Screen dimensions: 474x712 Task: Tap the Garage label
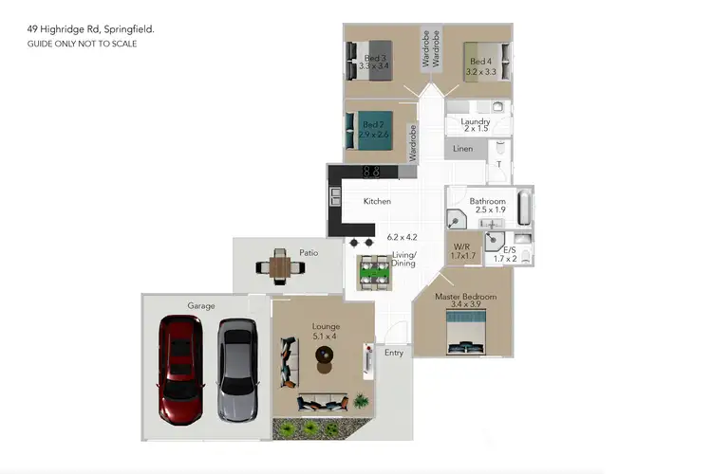pyautogui.click(x=200, y=306)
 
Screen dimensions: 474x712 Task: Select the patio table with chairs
pyautogui.click(x=279, y=266)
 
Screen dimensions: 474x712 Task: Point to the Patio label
pyautogui.click(x=309, y=253)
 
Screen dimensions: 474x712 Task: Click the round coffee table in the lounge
pyautogui.click(x=325, y=355)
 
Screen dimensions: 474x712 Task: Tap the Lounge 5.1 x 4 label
pyautogui.click(x=326, y=332)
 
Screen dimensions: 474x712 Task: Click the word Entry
pyautogui.click(x=394, y=353)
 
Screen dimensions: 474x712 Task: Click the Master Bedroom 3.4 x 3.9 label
pyautogui.click(x=465, y=301)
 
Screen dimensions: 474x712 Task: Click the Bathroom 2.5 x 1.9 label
pyautogui.click(x=487, y=206)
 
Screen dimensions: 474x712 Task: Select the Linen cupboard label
pyautogui.click(x=462, y=149)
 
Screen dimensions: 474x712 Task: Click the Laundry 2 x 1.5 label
pyautogui.click(x=475, y=125)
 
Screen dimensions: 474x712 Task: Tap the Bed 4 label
pyautogui.click(x=480, y=66)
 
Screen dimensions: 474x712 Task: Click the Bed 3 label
pyautogui.click(x=374, y=62)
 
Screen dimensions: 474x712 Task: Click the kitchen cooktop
pyautogui.click(x=373, y=172)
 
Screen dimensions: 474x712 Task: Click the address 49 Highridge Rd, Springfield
pyautogui.click(x=90, y=30)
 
